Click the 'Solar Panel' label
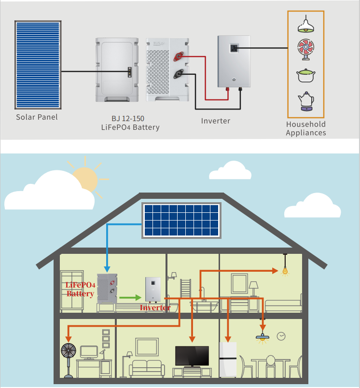tap(37, 117)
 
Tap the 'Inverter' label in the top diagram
tap(216, 121)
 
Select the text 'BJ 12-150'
tap(128, 118)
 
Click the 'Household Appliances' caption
tap(306, 128)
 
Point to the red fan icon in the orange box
tap(306, 50)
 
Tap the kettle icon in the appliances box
tap(306, 102)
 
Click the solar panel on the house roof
tap(181, 220)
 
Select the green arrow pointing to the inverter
tap(128, 298)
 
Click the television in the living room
tap(192, 356)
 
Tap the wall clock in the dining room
tap(281, 335)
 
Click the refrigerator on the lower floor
tap(229, 359)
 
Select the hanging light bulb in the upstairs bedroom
tap(285, 271)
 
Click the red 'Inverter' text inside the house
tap(155, 307)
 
